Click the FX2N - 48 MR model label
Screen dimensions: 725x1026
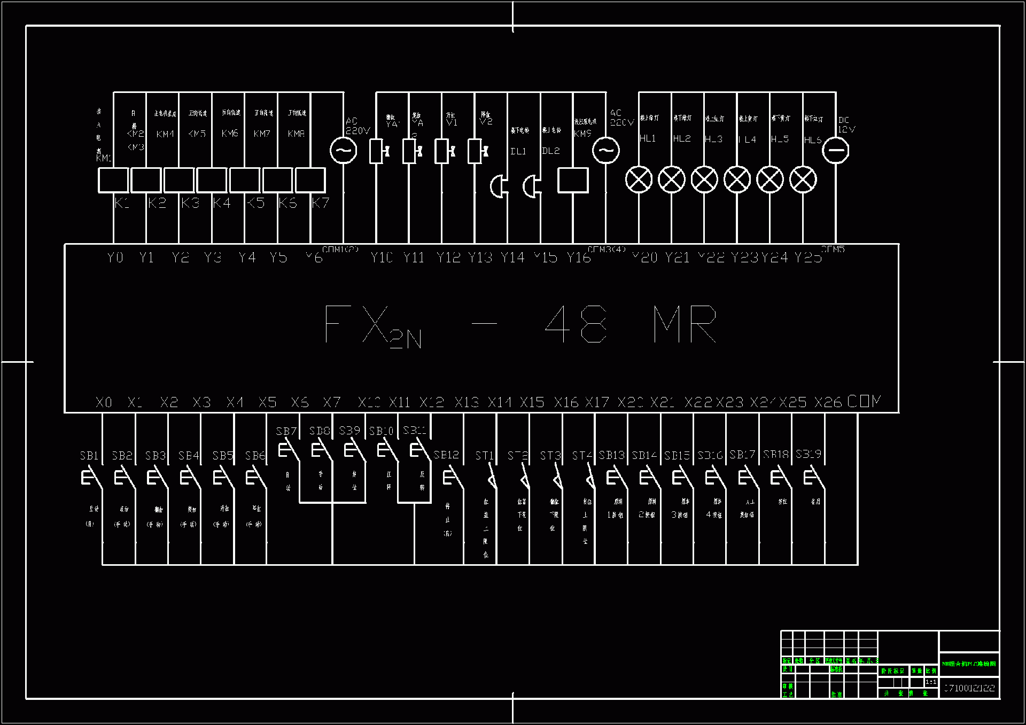click(x=521, y=325)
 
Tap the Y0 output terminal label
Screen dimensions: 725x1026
click(x=115, y=258)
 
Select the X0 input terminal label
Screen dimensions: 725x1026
click(x=104, y=402)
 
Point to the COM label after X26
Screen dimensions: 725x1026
click(x=864, y=401)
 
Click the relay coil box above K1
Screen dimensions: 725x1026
click(x=113, y=180)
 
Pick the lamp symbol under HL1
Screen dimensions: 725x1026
click(x=639, y=180)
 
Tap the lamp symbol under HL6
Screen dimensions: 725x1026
click(x=803, y=180)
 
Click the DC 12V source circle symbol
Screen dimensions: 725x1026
click(x=835, y=150)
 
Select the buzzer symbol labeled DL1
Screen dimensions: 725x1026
click(x=499, y=186)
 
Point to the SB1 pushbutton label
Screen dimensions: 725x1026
click(x=89, y=456)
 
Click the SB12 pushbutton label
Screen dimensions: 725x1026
click(x=446, y=455)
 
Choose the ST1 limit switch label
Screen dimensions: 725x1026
click(x=484, y=456)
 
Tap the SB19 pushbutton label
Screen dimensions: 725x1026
click(x=808, y=454)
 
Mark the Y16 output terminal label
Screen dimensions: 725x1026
click(x=579, y=258)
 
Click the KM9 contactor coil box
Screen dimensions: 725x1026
click(x=573, y=180)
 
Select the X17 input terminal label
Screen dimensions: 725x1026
click(x=597, y=402)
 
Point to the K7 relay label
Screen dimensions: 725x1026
click(x=321, y=203)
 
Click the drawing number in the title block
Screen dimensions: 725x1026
click(x=969, y=688)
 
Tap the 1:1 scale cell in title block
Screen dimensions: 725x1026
click(x=930, y=682)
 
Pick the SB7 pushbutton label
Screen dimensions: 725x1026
click(x=286, y=431)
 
